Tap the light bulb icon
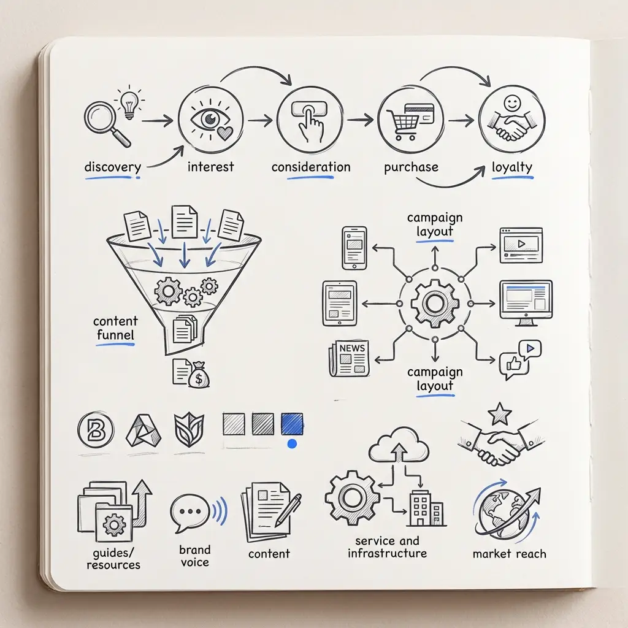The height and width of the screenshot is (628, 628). click(x=129, y=103)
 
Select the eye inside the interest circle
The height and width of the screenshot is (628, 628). click(x=210, y=118)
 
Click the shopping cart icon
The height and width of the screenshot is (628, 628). click(x=402, y=124)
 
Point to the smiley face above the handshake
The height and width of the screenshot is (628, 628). click(x=512, y=103)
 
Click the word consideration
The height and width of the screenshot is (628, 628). click(x=311, y=167)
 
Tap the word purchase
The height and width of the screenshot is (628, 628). click(x=411, y=167)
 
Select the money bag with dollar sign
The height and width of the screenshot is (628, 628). click(x=199, y=375)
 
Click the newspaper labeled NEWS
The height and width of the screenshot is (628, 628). click(x=349, y=358)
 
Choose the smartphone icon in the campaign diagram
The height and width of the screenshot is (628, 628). click(x=354, y=248)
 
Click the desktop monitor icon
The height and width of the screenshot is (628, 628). click(x=526, y=303)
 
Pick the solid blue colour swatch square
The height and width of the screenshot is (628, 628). click(x=292, y=424)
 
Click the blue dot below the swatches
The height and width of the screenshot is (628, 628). click(x=293, y=443)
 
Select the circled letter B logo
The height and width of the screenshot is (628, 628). click(x=96, y=429)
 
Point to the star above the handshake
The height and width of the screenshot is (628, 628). click(x=499, y=414)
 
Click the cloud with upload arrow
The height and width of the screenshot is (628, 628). click(x=399, y=445)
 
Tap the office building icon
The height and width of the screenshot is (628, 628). click(x=426, y=508)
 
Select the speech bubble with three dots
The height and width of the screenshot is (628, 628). click(x=190, y=513)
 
